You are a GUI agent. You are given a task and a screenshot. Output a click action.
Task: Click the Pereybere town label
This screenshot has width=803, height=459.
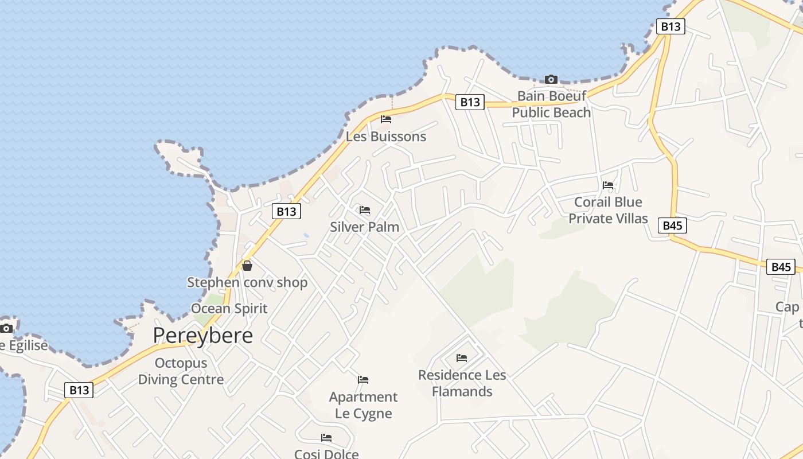pos(202,336)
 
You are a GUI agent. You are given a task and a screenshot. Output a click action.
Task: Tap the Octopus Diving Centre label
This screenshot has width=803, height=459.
pos(181,371)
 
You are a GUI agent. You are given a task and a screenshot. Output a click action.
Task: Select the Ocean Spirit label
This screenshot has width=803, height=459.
pos(229,309)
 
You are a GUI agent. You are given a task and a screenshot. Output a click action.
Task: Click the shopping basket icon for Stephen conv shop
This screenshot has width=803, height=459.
pos(247,266)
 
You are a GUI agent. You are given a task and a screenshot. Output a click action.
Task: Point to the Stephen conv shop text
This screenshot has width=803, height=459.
pos(247,282)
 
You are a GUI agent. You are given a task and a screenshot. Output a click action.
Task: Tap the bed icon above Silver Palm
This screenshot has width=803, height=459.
pos(365,210)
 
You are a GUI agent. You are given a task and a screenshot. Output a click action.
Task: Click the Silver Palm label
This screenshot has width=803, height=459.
pos(364,227)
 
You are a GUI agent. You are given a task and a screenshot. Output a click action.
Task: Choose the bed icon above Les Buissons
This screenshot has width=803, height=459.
pos(386,119)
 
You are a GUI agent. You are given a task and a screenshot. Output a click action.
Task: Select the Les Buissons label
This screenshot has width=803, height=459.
pos(386,137)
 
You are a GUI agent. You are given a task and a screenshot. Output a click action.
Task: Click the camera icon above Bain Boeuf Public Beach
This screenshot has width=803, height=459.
pos(551,79)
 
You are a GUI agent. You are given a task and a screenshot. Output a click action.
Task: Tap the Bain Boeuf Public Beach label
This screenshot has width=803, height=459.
pos(551,104)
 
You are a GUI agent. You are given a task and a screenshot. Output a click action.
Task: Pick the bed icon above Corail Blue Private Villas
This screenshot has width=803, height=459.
pos(608,185)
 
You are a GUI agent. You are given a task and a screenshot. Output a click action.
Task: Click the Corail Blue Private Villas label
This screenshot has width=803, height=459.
pos(608,210)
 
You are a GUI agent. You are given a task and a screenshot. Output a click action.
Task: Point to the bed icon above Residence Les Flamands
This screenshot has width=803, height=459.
pos(462,358)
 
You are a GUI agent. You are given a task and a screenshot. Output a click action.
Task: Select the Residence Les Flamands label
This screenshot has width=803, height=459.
pos(462,383)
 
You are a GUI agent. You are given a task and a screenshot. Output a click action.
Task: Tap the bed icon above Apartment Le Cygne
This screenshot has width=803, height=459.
pos(363,380)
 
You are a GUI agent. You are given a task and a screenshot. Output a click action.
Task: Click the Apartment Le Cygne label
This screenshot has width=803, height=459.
pos(363,405)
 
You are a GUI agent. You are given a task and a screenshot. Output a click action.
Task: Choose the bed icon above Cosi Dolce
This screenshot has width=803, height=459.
pos(326,438)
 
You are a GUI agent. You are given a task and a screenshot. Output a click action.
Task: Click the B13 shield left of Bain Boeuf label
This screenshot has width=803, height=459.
pos(470,102)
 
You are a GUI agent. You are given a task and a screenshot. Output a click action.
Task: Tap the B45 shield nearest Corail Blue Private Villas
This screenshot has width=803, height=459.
pos(672,225)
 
